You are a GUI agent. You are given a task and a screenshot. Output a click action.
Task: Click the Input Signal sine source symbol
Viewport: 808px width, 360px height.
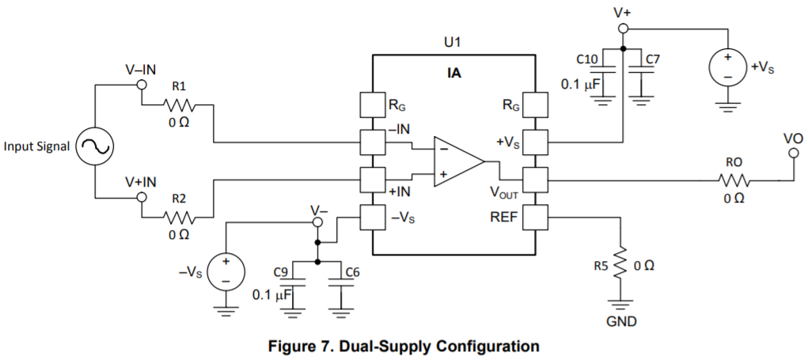pyautogui.click(x=95, y=146)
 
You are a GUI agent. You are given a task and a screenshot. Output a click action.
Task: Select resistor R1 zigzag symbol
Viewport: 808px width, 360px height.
pyautogui.click(x=179, y=105)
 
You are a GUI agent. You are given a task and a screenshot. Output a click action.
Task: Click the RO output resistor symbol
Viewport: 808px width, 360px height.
pyautogui.click(x=734, y=180)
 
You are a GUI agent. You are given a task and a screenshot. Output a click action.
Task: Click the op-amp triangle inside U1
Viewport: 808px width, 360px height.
pyautogui.click(x=459, y=161)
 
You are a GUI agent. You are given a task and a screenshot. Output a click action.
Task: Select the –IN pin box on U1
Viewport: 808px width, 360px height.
pyautogui.click(x=373, y=142)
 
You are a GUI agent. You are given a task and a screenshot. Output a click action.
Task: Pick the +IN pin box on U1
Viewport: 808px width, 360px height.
pyautogui.click(x=373, y=180)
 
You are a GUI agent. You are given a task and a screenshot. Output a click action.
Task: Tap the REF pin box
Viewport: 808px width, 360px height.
pyautogui.click(x=535, y=218)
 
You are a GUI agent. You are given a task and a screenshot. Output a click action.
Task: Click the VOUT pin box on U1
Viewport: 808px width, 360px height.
pyautogui.click(x=535, y=180)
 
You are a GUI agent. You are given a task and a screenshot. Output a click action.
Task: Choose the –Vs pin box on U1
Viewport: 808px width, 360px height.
pyautogui.click(x=373, y=218)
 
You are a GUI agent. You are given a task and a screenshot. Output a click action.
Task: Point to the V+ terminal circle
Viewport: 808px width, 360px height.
pyautogui.click(x=623, y=28)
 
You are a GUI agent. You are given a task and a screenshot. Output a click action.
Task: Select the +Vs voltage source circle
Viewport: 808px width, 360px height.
pyautogui.click(x=727, y=66)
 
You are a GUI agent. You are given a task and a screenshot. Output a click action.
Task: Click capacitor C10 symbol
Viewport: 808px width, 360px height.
pyautogui.click(x=605, y=70)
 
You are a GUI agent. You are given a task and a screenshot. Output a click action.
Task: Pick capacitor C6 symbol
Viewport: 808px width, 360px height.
pyautogui.click(x=339, y=282)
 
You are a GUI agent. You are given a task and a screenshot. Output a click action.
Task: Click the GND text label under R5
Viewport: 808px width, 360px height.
pyautogui.click(x=620, y=322)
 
